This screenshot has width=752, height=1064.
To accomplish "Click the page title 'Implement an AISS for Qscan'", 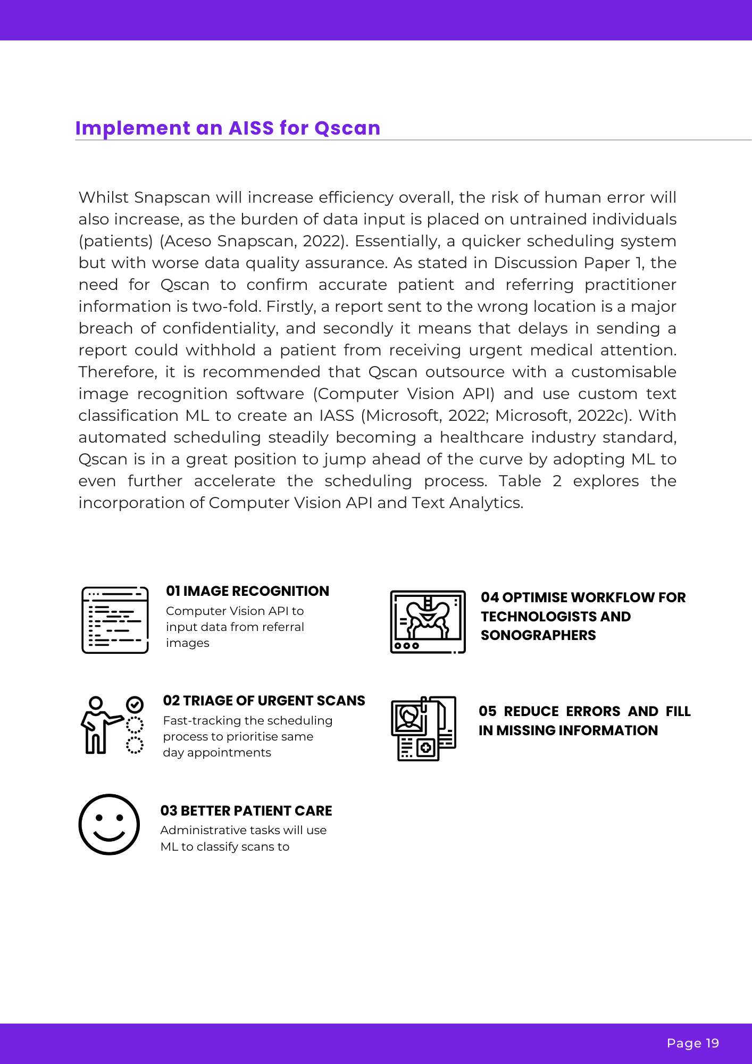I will coord(228,128).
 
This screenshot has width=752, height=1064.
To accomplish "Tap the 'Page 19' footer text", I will coord(692,1043).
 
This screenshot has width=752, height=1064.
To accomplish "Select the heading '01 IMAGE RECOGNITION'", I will coord(247,591).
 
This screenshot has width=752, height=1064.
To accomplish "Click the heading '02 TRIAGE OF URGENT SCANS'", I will coord(264,701).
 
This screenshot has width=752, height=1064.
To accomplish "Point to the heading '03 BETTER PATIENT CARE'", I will coord(246,811).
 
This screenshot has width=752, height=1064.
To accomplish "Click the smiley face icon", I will coord(109,825).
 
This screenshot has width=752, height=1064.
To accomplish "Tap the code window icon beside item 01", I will coord(115,620).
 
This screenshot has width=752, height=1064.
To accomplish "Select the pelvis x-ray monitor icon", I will coord(428,621).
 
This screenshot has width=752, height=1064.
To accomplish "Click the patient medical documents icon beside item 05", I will coord(424,728).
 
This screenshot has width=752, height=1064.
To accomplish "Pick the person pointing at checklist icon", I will coord(112,725).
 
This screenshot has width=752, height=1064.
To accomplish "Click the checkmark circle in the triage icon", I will coord(135,705).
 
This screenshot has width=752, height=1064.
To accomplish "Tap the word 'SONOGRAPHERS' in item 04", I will coord(538,635).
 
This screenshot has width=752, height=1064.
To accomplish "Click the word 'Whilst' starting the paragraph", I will coord(104,197).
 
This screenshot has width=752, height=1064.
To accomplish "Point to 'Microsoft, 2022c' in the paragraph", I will coord(563,415).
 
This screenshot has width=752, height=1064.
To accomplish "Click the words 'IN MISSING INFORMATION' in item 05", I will coord(568,730).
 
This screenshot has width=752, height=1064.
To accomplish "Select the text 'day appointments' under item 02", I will coord(217,753).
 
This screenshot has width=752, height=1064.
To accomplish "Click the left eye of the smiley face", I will coord(99,817).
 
